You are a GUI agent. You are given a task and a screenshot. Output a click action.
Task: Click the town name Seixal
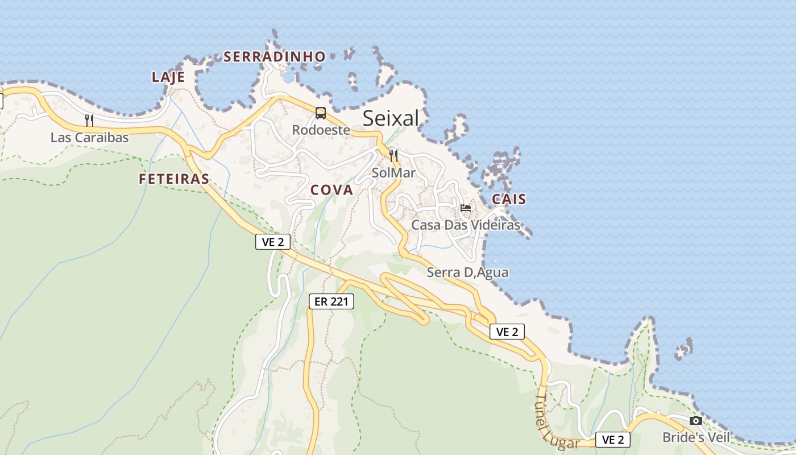click(391, 118)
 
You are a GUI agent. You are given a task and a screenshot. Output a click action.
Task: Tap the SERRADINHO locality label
click(275, 57)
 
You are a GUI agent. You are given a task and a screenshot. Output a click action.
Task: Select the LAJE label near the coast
click(168, 77)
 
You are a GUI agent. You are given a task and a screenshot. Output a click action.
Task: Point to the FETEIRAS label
click(174, 179)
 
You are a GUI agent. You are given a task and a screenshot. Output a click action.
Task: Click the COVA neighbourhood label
click(332, 191)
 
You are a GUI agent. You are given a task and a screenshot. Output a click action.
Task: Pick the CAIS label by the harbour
click(509, 199)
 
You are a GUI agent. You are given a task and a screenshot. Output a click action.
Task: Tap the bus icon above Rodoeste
click(321, 113)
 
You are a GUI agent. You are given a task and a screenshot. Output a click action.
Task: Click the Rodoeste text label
click(321, 130)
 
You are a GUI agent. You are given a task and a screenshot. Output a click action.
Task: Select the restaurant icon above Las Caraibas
click(89, 120)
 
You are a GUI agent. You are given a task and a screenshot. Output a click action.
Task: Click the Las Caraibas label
click(90, 138)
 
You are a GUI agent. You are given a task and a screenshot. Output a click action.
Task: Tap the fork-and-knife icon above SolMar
click(393, 155)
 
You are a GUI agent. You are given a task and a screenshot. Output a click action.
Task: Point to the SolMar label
click(393, 172)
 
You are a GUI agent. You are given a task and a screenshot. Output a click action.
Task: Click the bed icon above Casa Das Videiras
click(466, 208)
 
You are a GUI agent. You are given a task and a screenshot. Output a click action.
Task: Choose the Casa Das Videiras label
click(466, 225)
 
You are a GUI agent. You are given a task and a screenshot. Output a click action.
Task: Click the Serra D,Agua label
click(467, 272)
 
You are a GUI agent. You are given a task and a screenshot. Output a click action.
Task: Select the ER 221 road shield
click(331, 301)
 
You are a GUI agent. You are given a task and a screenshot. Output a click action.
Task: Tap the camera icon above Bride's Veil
click(695, 421)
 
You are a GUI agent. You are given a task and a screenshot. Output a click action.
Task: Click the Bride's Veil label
click(695, 437)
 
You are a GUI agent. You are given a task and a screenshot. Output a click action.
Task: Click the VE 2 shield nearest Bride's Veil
click(613, 440)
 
